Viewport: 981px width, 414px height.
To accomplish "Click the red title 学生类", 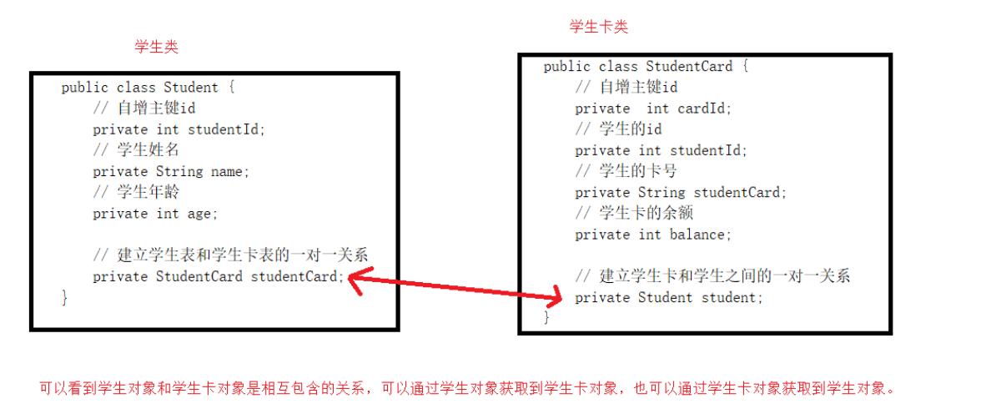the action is point(156,47).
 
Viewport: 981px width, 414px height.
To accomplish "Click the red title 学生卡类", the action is point(598,27).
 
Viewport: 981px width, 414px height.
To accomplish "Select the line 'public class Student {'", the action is point(148,88).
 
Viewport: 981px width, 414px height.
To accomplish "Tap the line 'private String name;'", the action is point(171,171).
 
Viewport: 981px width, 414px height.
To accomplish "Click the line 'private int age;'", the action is point(155,214).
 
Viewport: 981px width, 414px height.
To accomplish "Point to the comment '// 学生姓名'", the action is point(136,150).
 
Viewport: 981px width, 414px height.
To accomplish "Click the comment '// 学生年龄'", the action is point(136,192).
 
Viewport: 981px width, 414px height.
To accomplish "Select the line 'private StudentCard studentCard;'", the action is point(218,276).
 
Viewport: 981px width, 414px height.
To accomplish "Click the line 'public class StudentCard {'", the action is point(646,67).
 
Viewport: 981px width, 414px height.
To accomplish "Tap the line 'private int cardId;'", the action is point(653,109).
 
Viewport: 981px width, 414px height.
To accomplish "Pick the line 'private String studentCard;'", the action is point(681,192).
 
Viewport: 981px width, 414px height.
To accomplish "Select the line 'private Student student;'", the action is point(669,297).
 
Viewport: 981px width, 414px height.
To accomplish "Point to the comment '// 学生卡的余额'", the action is point(634,213).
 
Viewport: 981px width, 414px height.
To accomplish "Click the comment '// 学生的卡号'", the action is point(626,171).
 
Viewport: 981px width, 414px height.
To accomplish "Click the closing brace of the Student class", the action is point(64,298).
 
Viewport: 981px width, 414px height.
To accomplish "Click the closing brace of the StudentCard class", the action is point(546,318).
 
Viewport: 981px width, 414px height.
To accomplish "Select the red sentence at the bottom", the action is point(466,388).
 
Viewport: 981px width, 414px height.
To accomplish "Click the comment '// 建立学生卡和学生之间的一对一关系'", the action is point(712,276).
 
